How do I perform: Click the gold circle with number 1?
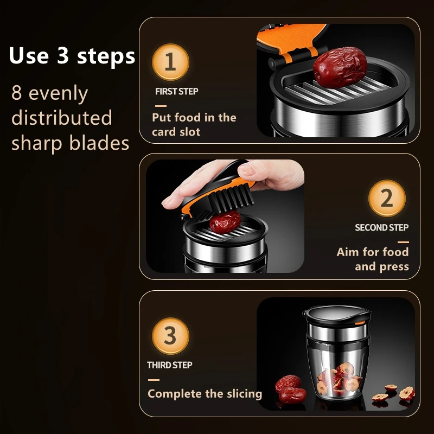click(170, 62)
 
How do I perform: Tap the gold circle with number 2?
click(387, 198)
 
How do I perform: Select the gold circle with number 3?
click(170, 336)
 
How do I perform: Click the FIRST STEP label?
click(177, 91)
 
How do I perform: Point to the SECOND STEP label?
click(382, 227)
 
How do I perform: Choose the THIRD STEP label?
click(170, 365)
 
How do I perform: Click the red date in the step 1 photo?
click(340, 67)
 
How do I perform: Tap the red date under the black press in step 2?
click(225, 221)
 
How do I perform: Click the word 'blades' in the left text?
click(99, 143)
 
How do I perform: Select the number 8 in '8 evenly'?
click(17, 93)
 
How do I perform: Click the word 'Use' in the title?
click(29, 56)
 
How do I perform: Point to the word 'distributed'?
click(62, 118)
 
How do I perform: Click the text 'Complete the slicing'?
click(205, 394)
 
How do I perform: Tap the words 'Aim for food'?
click(373, 252)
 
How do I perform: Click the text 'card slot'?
click(176, 132)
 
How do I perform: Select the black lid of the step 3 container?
click(337, 315)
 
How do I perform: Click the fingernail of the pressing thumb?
click(247, 169)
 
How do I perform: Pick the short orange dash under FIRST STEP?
click(161, 106)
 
